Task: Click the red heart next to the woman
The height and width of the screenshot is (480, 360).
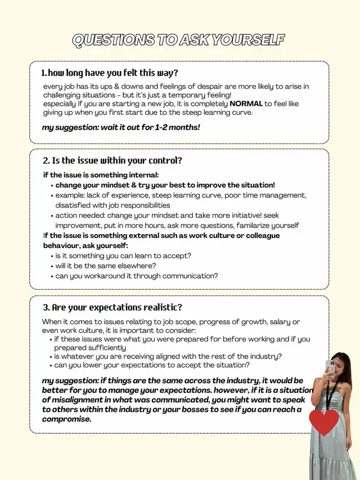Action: [324, 422]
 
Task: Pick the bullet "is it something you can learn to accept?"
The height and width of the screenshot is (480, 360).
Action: [123, 255]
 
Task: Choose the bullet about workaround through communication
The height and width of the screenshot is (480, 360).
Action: [136, 276]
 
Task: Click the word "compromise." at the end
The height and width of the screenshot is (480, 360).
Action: [66, 419]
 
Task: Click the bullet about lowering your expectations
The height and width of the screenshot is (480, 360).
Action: [152, 365]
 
